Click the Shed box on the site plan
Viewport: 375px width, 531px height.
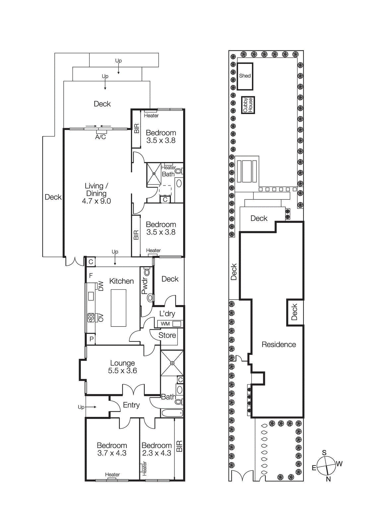[245, 76]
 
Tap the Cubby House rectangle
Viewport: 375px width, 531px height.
[248, 105]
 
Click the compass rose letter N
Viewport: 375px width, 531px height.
[328, 479]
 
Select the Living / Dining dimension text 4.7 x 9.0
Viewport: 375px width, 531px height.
[96, 201]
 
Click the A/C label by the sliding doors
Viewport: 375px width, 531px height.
[100, 137]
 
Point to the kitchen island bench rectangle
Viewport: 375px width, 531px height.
[118, 308]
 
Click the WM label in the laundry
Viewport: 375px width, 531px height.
[165, 324]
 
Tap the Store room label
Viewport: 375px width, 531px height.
[167, 335]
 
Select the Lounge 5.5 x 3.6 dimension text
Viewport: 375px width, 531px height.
[122, 371]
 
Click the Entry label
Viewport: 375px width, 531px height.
[131, 405]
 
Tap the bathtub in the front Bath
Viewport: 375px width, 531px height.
[172, 413]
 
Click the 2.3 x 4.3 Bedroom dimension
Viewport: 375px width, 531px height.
[156, 453]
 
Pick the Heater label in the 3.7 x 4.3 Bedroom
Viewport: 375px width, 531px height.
[112, 475]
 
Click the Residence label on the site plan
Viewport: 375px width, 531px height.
[279, 344]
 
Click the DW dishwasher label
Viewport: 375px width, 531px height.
[101, 286]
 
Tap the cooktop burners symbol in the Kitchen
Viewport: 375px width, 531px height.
[91, 318]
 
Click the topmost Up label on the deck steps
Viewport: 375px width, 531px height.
[118, 61]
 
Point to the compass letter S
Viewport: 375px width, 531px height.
[324, 453]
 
